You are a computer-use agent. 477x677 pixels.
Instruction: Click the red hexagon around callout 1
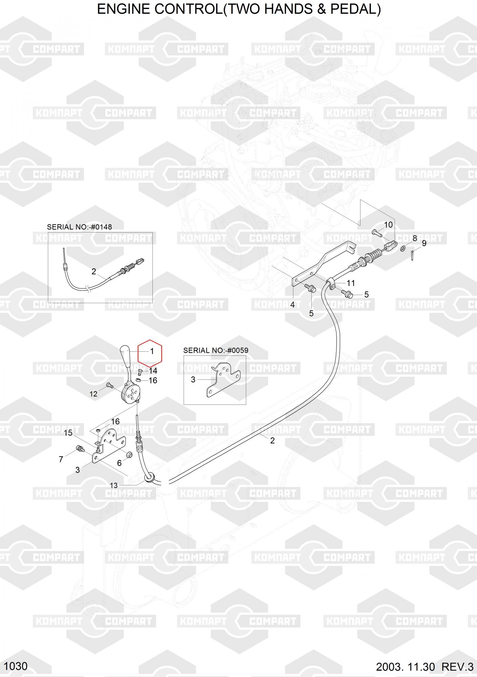(x=150, y=353)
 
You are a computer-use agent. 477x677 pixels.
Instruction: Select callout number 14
(x=153, y=371)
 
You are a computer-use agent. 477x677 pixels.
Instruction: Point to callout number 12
(x=94, y=394)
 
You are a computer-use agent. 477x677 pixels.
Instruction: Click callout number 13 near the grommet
(x=114, y=485)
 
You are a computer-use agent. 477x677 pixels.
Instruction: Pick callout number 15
(x=68, y=433)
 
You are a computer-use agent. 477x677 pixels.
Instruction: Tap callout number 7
(x=61, y=459)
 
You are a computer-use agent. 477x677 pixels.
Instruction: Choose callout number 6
(x=119, y=463)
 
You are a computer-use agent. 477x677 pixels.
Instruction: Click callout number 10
(x=388, y=224)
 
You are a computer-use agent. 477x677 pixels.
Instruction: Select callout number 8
(x=415, y=239)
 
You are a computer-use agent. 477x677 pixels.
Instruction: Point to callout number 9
(x=424, y=243)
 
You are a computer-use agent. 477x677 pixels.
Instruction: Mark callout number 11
(x=351, y=283)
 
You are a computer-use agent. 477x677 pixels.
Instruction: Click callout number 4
(x=292, y=305)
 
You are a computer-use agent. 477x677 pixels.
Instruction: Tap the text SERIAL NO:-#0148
(x=79, y=227)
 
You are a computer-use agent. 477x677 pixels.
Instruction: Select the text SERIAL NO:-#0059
(x=216, y=350)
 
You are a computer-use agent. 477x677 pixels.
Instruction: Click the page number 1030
(x=16, y=666)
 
